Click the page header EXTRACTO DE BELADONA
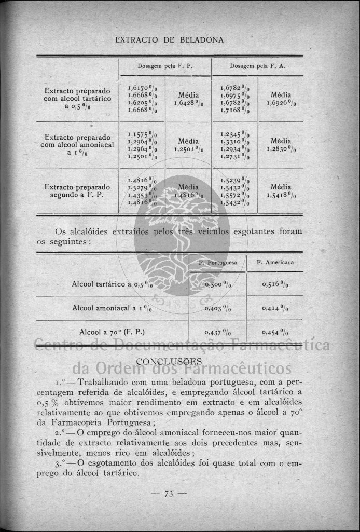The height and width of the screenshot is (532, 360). (x=169, y=39)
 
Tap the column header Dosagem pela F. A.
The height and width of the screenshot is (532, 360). (x=258, y=66)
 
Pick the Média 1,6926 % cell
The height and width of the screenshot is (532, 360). (x=281, y=99)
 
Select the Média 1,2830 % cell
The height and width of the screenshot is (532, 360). (x=281, y=145)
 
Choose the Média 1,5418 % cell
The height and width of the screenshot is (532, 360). (x=281, y=191)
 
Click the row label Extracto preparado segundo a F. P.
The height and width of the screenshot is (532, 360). (x=77, y=191)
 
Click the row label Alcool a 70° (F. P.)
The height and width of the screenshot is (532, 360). (x=112, y=332)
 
